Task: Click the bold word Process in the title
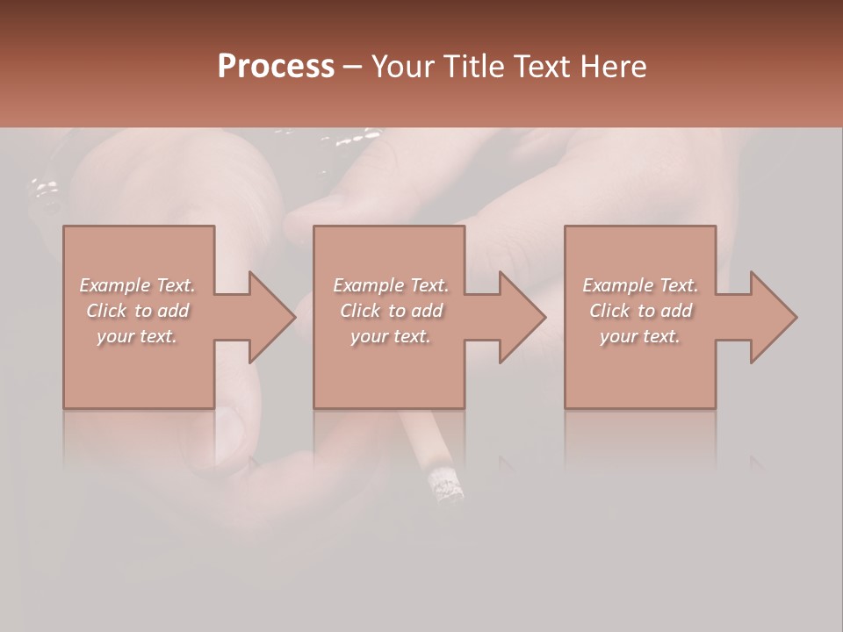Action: [276, 66]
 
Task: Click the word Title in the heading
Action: [473, 66]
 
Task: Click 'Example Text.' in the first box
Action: [137, 285]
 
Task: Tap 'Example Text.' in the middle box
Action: [390, 285]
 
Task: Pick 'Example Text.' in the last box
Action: [640, 285]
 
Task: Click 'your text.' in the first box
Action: [137, 336]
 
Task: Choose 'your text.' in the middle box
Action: [390, 336]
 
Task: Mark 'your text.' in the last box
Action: [640, 336]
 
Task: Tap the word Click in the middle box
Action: [359, 311]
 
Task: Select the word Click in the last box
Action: [609, 311]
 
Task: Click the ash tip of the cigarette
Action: [444, 485]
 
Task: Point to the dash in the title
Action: [353, 68]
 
